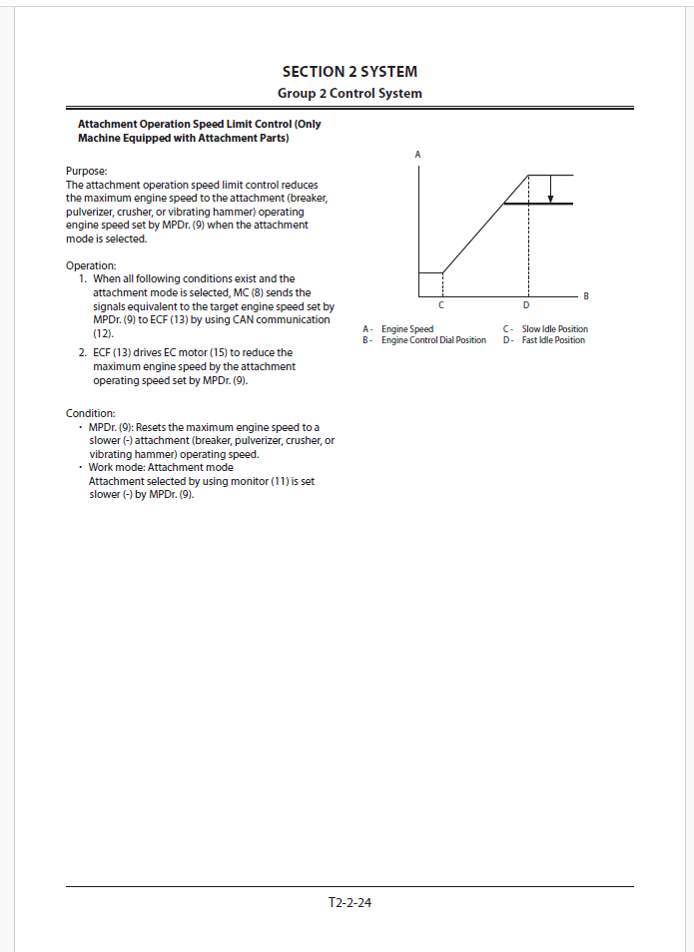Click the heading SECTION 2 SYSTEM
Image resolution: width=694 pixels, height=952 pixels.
349,72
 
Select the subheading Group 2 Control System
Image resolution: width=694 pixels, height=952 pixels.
349,94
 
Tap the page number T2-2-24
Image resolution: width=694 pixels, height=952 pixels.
349,903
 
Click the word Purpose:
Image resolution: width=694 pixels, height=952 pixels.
86,172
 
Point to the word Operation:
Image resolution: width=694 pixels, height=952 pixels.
91,265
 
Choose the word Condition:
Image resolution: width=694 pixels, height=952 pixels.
91,413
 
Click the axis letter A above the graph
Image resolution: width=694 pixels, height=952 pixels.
417,154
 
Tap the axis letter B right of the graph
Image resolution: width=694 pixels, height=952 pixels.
586,296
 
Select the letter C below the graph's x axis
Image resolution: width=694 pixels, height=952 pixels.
441,304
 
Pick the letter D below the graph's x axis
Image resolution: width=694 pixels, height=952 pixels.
526,304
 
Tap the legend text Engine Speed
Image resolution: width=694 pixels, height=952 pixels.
407,329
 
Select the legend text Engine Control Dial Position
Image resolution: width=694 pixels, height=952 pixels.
433,340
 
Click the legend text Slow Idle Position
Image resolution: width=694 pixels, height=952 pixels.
554,329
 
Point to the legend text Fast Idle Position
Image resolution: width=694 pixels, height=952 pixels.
553,340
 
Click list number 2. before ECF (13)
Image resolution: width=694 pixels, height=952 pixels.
82,353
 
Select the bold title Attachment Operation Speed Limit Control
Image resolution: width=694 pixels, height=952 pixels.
200,125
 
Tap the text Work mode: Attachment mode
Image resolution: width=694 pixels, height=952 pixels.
161,467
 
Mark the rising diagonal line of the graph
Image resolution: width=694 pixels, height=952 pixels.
484,224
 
